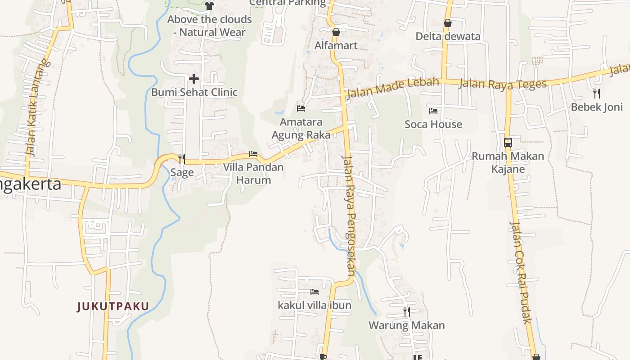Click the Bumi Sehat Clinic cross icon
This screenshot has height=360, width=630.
[x=194, y=79]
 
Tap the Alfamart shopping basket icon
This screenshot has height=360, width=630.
[x=336, y=32]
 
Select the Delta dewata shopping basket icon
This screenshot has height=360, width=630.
[x=447, y=23]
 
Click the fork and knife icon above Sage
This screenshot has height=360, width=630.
[x=182, y=158]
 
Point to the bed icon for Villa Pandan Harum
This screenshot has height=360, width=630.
[x=253, y=154]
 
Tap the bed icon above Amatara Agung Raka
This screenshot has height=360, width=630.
[x=301, y=108]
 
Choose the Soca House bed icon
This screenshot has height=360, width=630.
[x=433, y=111]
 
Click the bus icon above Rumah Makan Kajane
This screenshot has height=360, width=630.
[x=508, y=143]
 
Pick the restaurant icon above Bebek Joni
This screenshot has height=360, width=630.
[x=597, y=94]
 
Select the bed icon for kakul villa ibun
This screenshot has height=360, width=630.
[x=315, y=292]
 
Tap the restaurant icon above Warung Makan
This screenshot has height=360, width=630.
[x=407, y=311]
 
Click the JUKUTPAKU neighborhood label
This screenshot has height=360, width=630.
[x=113, y=306]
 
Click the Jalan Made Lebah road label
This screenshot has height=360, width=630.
[x=392, y=88]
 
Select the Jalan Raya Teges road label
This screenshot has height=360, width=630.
[x=503, y=84]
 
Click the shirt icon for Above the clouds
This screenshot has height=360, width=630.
[x=209, y=5]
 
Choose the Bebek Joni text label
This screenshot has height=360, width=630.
[x=597, y=107]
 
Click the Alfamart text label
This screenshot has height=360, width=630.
[x=336, y=45]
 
